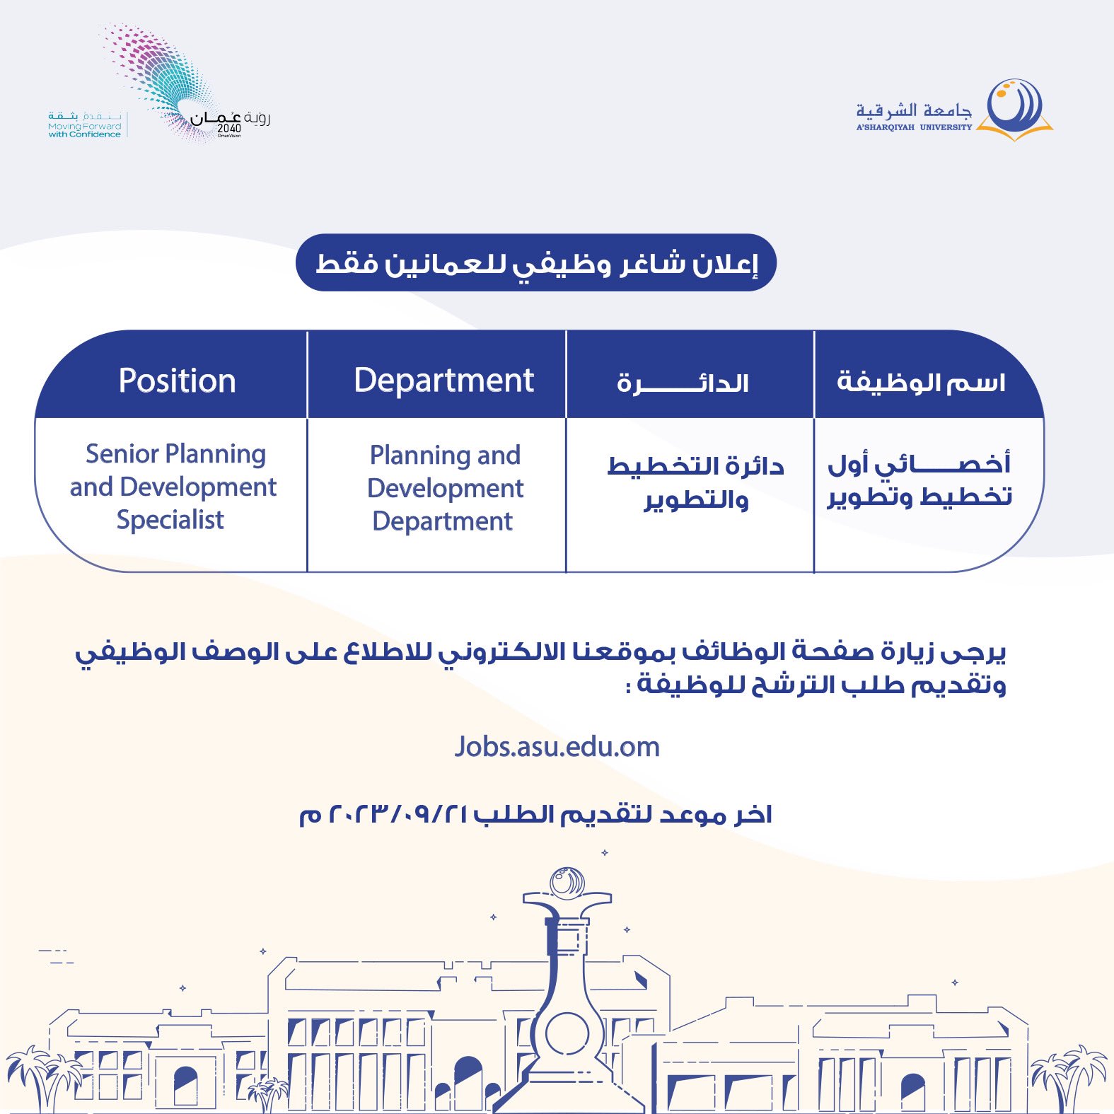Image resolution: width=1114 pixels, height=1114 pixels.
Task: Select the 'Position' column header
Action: coord(177,381)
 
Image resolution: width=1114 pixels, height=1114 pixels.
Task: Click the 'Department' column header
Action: coord(443,381)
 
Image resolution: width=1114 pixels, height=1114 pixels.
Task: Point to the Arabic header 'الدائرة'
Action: coord(683,383)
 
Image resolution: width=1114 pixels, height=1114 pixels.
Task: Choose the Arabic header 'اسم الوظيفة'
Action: coord(921,382)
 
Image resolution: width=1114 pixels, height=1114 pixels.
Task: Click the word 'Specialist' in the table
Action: coord(170,520)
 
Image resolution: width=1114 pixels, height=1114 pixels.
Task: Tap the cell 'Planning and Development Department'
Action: coord(445,488)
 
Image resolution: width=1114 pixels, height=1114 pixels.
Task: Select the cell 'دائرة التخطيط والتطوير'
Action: coord(696,483)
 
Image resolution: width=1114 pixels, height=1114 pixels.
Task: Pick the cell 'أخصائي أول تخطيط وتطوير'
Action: coord(919,480)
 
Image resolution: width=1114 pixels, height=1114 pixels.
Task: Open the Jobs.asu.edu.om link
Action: coord(557,747)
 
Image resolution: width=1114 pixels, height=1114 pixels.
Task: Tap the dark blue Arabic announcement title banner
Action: coord(536,263)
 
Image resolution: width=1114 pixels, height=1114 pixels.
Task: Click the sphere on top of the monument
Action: coord(567,881)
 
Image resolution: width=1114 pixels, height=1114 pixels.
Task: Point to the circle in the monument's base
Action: coord(567,1033)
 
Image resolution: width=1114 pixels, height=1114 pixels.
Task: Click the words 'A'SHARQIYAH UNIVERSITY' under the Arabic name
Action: coord(914,127)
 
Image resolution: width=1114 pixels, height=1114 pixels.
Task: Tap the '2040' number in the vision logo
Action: coord(229,128)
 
